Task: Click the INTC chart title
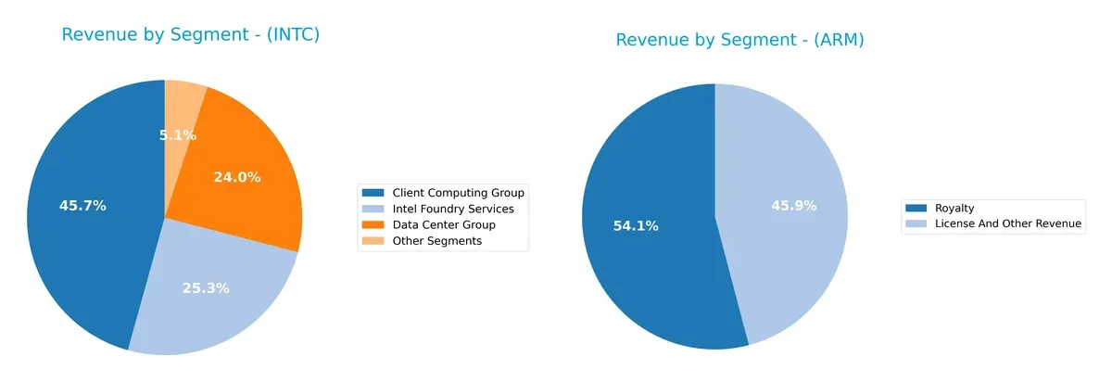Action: coord(190,35)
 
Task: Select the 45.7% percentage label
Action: coord(82,206)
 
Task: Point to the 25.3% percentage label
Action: coord(205,288)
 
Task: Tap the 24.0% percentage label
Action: coord(236,177)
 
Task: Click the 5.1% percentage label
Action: coord(177,135)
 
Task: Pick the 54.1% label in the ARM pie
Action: coord(635,226)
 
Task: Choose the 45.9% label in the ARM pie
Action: coord(793,206)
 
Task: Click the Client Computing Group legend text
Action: coord(458,193)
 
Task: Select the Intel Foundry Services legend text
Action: coord(453,209)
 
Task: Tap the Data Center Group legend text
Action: coord(444,225)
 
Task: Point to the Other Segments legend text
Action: coord(437,241)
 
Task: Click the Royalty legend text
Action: coord(954,209)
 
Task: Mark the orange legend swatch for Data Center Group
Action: coord(374,225)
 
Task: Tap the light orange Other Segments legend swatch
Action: coord(374,241)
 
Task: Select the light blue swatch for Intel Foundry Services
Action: coord(374,209)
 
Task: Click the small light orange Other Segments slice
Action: coord(183,102)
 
